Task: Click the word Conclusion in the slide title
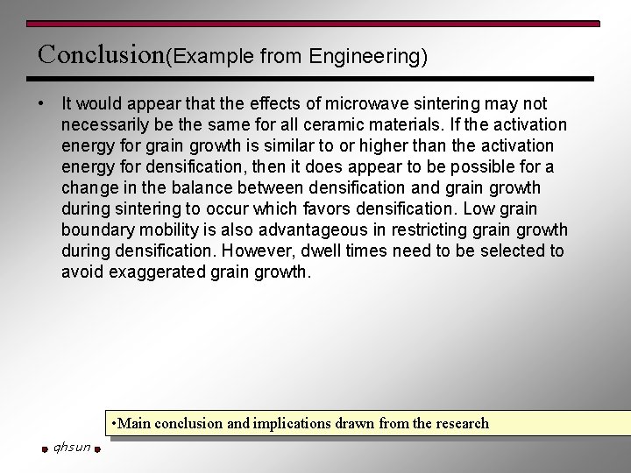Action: point(101,54)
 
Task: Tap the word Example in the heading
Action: point(212,57)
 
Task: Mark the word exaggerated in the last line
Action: point(157,272)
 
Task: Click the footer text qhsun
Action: point(71,448)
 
